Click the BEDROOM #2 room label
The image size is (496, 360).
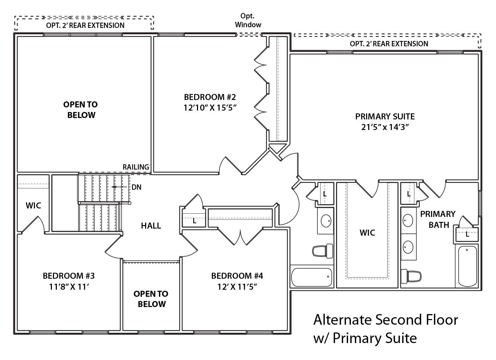click(x=209, y=97)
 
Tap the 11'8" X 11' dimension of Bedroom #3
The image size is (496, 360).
click(x=68, y=287)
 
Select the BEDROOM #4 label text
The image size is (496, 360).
click(x=237, y=276)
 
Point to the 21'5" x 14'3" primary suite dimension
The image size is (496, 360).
click(x=385, y=127)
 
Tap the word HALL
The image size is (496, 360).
click(x=151, y=225)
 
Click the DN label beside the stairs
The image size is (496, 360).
click(x=137, y=187)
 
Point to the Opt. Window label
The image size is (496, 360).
click(x=248, y=20)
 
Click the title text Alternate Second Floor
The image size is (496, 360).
click(x=386, y=320)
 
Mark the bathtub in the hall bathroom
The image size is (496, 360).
click(x=311, y=277)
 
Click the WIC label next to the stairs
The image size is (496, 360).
click(x=33, y=205)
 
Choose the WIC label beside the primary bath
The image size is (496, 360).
click(x=367, y=232)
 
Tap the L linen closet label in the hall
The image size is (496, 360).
click(x=194, y=221)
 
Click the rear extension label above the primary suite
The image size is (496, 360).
click(x=389, y=44)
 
